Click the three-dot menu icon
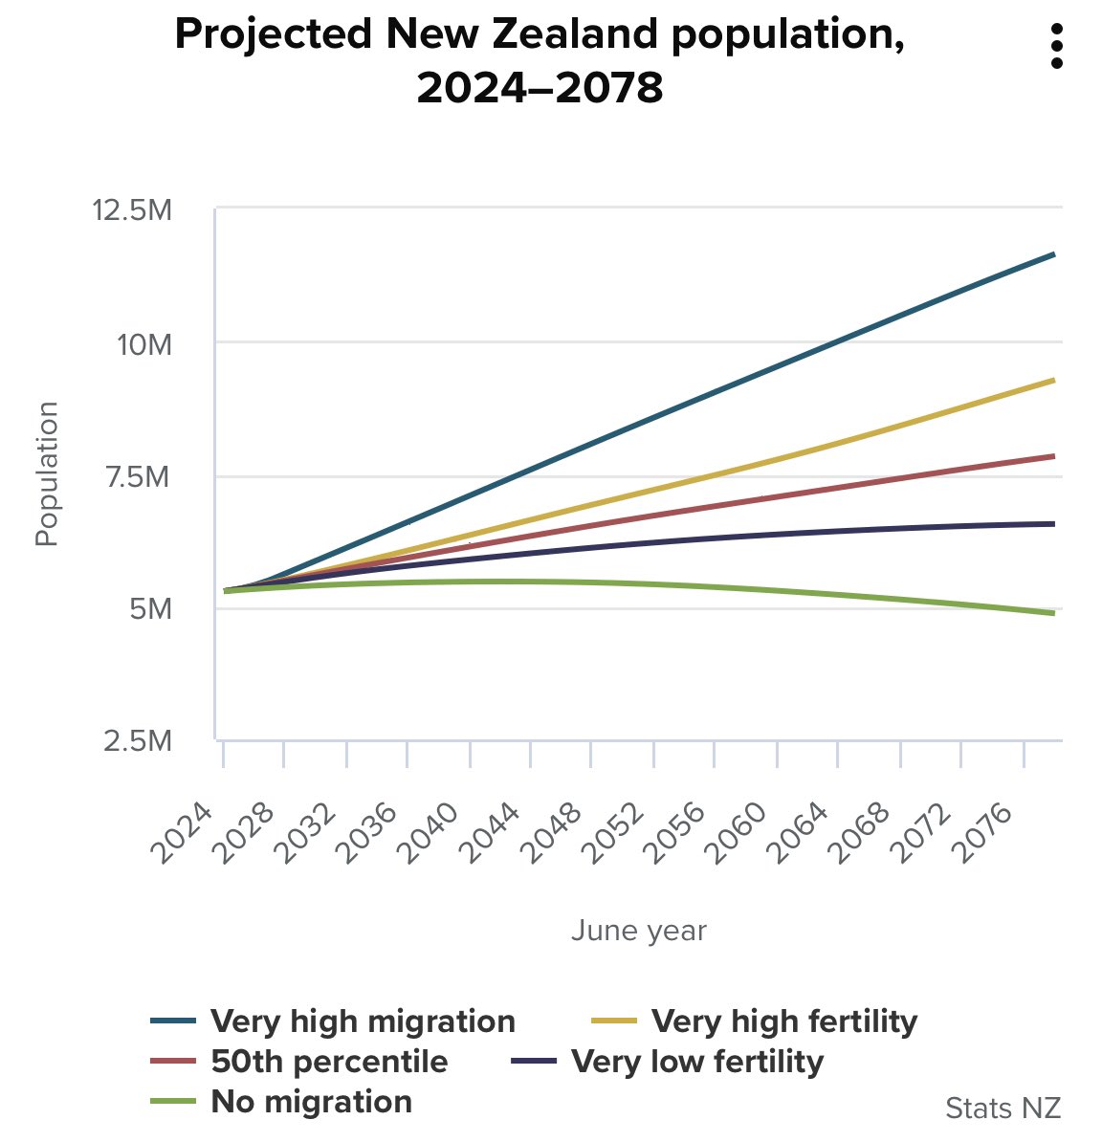point(1056,47)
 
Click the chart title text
point(540,61)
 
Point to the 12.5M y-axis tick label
point(132,209)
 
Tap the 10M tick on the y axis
point(144,343)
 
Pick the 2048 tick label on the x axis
point(556,834)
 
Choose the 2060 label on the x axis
point(740,834)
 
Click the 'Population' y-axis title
point(47,473)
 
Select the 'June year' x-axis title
point(638,930)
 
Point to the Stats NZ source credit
point(1003,1108)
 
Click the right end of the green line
point(1053,613)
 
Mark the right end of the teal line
point(1053,254)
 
